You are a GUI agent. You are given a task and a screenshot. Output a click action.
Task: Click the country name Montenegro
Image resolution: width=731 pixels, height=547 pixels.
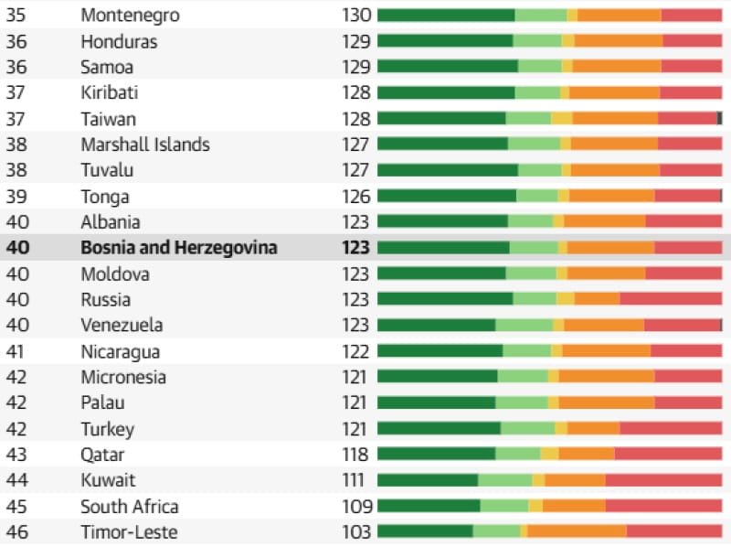[x=130, y=16]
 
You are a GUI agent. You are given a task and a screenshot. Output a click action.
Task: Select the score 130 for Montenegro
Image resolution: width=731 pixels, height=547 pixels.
[x=356, y=16]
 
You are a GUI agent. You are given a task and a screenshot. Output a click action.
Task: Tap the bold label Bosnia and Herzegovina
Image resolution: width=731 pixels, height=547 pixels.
[x=179, y=248]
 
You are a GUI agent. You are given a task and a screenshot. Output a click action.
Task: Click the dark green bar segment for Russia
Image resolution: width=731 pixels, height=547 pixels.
[x=445, y=298]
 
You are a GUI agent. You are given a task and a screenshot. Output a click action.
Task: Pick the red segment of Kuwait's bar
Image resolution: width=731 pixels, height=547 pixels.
[x=664, y=480]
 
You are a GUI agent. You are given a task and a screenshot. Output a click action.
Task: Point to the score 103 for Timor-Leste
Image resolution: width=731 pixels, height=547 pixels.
[x=356, y=531]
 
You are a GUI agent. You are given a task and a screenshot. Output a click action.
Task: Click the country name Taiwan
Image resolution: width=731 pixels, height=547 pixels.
[x=108, y=120]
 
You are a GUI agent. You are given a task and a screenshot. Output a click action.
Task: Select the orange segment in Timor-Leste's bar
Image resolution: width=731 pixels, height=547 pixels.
[x=577, y=531]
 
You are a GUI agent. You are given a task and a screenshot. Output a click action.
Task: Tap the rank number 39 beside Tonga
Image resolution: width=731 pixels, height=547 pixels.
[x=16, y=197]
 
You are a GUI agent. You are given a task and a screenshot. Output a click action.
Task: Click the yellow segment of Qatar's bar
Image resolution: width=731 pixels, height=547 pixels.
[x=550, y=453]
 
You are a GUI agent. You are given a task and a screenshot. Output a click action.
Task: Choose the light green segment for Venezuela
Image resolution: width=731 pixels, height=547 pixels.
[x=524, y=325]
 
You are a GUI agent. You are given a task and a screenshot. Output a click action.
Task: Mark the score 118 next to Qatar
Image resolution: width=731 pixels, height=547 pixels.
[x=355, y=454]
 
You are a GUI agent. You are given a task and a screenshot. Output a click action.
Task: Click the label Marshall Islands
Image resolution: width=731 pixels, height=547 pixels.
[x=145, y=145]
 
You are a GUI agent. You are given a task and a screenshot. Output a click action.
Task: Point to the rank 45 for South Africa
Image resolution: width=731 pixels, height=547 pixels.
[x=16, y=507]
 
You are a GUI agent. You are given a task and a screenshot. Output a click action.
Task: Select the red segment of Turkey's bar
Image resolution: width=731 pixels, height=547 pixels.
[x=671, y=428]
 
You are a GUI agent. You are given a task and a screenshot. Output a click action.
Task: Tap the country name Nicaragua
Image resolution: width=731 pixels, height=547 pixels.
[x=121, y=352]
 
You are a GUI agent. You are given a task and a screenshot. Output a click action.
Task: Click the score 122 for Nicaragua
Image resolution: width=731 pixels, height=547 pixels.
[x=355, y=351]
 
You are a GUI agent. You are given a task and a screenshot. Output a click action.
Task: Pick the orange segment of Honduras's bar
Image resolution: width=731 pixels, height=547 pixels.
[x=619, y=40]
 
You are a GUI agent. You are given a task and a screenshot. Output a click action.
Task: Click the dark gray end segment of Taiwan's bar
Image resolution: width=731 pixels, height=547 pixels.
[x=719, y=118]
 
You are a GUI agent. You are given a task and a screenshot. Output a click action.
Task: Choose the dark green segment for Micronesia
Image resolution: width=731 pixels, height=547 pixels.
[x=438, y=376]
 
